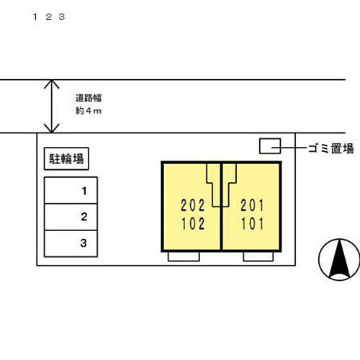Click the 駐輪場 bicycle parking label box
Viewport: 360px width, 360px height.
66,159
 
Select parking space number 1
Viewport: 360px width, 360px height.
71,190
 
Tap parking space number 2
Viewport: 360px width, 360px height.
71,217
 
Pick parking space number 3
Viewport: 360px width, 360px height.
71,243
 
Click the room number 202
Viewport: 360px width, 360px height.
193,205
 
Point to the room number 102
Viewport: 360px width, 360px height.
193,224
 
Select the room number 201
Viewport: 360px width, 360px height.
252,205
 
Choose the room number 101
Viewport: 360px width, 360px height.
252,224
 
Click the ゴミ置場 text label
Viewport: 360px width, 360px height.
330,148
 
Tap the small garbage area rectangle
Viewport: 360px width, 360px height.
270,146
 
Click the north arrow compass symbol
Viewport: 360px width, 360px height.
339,259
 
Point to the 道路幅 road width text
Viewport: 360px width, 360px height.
89,98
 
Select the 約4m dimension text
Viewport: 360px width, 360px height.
89,111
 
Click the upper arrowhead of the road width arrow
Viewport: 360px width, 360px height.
52,84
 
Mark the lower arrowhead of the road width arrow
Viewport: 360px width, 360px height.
52,128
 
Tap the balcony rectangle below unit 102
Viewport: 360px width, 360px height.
184,256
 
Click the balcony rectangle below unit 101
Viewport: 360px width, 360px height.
258,256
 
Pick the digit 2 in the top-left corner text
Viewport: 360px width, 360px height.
49,17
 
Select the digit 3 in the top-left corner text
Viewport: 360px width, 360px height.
62,17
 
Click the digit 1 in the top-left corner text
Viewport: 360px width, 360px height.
35,17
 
